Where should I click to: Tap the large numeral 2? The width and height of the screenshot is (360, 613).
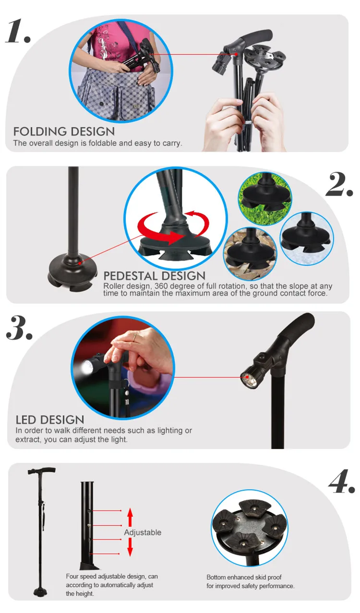click(x=339, y=184)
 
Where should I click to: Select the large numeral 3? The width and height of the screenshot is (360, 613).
click(x=19, y=328)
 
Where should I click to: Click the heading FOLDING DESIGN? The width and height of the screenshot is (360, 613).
click(x=64, y=131)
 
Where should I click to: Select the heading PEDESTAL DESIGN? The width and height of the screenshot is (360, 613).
click(x=155, y=276)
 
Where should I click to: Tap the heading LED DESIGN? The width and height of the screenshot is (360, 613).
click(x=50, y=420)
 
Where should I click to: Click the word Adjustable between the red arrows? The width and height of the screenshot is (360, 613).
click(x=143, y=532)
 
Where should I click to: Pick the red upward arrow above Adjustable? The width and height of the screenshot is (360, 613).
click(x=130, y=517)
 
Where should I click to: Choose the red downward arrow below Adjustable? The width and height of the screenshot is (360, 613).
click(x=130, y=547)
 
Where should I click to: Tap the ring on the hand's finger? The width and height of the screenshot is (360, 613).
click(x=134, y=337)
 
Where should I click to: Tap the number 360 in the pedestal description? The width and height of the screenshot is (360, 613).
click(x=161, y=286)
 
